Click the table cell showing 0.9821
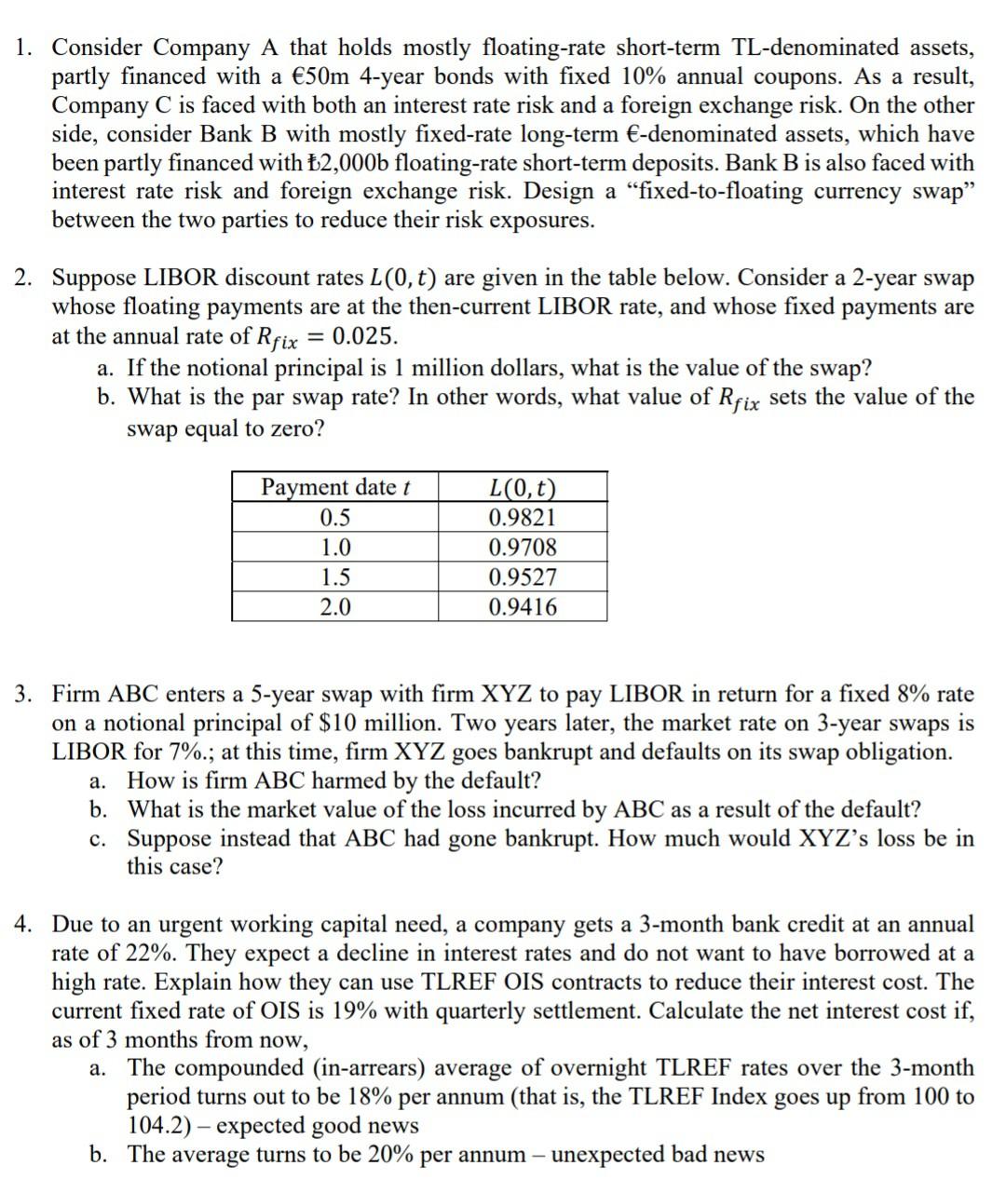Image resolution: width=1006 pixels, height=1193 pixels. point(523,518)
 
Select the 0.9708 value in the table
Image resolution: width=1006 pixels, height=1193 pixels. point(523,548)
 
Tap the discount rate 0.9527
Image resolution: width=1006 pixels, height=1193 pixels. point(523,577)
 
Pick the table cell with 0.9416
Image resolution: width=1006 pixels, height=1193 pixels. point(523,607)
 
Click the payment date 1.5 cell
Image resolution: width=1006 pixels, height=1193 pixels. point(335,577)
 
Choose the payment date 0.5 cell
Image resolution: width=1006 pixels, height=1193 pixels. point(335,518)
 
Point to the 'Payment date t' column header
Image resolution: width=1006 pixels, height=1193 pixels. point(335,488)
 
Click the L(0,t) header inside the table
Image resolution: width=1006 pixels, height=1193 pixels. point(523,488)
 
